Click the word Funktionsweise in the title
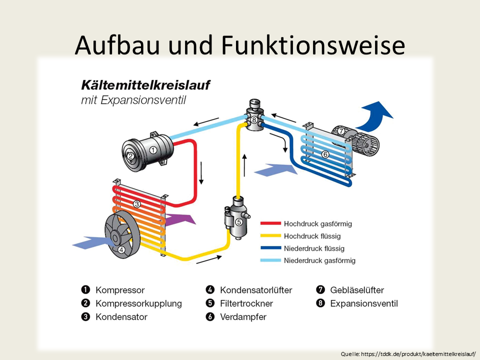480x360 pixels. click(x=313, y=45)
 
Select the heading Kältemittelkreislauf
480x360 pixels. click(x=146, y=84)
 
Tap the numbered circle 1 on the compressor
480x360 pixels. click(x=153, y=149)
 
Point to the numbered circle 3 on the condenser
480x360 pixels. click(x=136, y=204)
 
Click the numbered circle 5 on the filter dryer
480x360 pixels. click(x=238, y=221)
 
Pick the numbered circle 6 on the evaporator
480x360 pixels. click(x=325, y=154)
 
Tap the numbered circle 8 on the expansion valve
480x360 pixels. click(x=254, y=120)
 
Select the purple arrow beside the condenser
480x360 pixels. click(x=180, y=219)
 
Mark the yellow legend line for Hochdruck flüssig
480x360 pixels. click(x=270, y=235)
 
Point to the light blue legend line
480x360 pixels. click(x=270, y=260)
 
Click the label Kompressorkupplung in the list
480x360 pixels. click(x=138, y=303)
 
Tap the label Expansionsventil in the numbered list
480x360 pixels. click(x=364, y=303)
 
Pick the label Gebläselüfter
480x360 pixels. click(x=357, y=290)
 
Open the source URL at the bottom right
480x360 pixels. click(x=408, y=354)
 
